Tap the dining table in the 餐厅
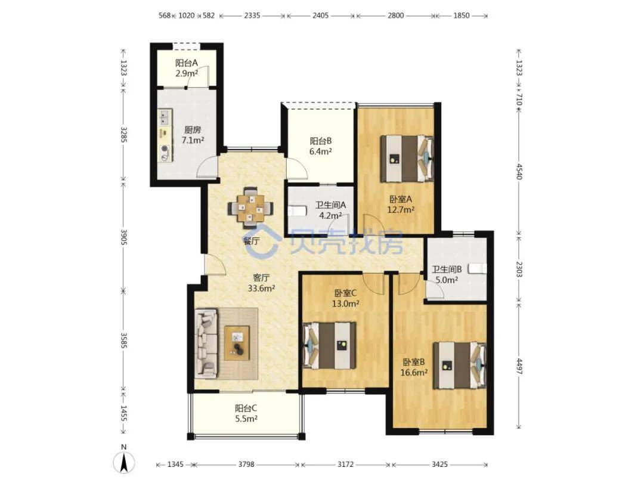pyautogui.click(x=250, y=208)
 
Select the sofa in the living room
pyautogui.click(x=206, y=343)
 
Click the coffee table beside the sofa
pyautogui.click(x=237, y=343)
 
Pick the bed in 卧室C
pyautogui.click(x=329, y=345)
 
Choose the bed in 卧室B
pyautogui.click(x=460, y=365)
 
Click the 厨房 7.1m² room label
pyautogui.click(x=193, y=135)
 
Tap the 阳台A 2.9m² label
pyautogui.click(x=187, y=68)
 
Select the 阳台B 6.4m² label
pyautogui.click(x=320, y=146)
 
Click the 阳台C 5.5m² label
pyautogui.click(x=246, y=414)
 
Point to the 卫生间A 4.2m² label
pyautogui.click(x=330, y=210)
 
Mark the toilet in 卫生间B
pyautogui.click(x=478, y=268)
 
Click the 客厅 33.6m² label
pyautogui.click(x=261, y=283)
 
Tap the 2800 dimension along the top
pyautogui.click(x=395, y=16)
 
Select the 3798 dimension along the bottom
pyautogui.click(x=246, y=465)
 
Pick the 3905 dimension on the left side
pyautogui.click(x=123, y=237)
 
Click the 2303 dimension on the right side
pyautogui.click(x=519, y=268)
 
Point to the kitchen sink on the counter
pyautogui.click(x=165, y=117)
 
